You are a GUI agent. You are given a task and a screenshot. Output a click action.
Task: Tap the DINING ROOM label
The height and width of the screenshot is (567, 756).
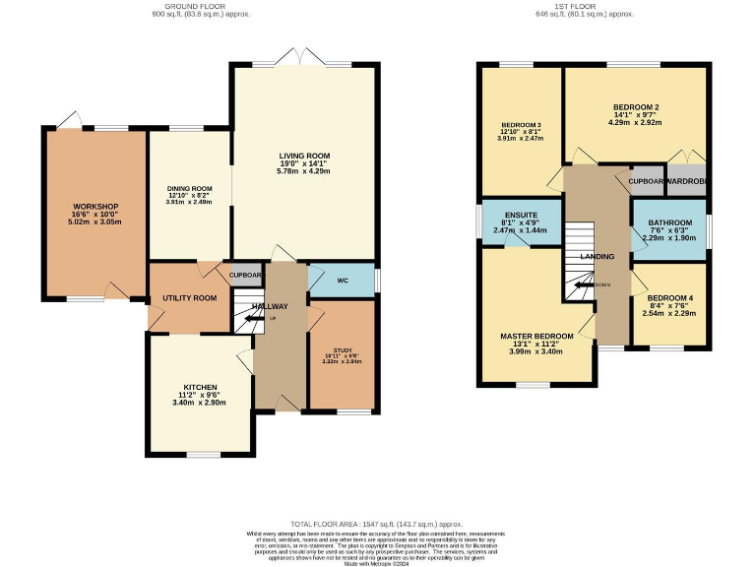(x=188, y=188)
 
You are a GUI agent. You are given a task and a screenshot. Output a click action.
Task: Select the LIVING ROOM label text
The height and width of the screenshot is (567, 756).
(x=303, y=156)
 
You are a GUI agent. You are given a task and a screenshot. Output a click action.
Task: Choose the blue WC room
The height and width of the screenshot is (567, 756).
(x=343, y=281)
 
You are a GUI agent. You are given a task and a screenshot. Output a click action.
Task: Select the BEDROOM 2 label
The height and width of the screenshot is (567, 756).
(x=635, y=106)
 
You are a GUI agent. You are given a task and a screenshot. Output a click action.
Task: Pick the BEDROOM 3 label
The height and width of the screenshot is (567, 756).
(x=521, y=125)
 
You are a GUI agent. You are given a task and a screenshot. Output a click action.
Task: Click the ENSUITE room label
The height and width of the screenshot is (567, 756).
(x=520, y=215)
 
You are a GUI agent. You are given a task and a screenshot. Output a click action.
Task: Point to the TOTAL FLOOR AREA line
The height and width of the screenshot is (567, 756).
(x=376, y=525)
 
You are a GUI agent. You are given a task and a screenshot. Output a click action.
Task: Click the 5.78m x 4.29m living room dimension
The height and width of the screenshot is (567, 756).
(x=303, y=172)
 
